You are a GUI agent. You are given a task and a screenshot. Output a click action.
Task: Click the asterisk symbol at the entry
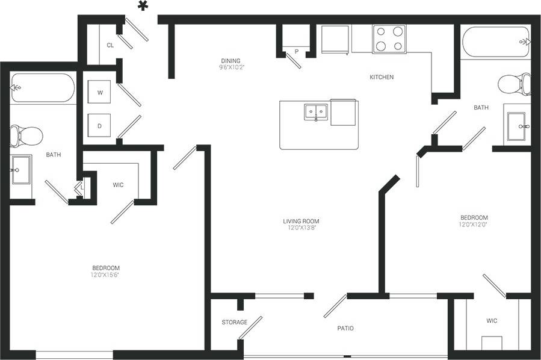[143, 7]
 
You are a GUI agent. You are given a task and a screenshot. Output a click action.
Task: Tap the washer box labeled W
[100, 93]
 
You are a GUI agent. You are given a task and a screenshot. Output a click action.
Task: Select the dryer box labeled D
[100, 126]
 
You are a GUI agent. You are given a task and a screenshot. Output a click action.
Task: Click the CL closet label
[110, 45]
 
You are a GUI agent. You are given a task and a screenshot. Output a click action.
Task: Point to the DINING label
[230, 61]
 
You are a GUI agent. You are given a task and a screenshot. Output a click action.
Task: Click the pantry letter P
[296, 52]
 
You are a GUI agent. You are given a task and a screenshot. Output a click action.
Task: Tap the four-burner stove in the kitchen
[389, 39]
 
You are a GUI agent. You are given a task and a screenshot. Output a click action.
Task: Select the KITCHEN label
[382, 77]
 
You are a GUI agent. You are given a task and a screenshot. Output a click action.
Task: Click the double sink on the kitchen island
[315, 112]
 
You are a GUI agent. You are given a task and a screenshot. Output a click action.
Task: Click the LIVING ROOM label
[301, 222]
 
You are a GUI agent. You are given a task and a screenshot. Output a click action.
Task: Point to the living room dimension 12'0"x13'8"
[301, 228]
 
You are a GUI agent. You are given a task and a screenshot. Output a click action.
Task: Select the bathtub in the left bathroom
[42, 88]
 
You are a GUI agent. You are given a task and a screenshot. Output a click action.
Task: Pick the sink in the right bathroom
[518, 126]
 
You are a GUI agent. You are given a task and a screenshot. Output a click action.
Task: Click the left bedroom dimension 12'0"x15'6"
[106, 275]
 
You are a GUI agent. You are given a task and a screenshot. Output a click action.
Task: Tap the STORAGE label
[234, 322]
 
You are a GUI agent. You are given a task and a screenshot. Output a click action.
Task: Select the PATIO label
[345, 328]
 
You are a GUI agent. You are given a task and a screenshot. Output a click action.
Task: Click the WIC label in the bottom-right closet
[492, 321]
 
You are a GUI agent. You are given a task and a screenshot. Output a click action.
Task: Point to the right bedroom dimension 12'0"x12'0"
[474, 225]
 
